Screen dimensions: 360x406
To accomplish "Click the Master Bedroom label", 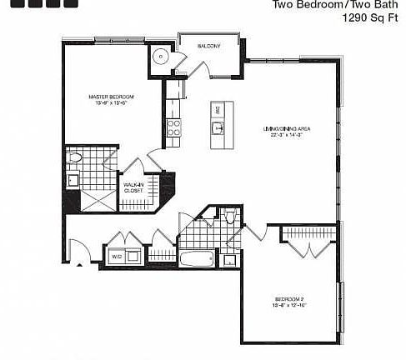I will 111,97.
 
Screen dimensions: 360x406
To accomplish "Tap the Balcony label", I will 208,46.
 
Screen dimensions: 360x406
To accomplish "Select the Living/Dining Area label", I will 288,128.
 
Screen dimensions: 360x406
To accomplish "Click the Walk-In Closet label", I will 133,187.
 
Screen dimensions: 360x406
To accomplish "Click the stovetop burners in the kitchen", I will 174,127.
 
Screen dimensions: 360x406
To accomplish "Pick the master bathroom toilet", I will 75,157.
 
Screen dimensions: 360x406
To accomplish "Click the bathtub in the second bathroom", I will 198,258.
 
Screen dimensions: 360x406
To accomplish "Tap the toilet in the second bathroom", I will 230,218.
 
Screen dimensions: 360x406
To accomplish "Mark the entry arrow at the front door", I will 79,265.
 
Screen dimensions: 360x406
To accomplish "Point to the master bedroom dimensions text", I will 111,104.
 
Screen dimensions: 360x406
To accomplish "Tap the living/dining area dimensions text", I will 288,136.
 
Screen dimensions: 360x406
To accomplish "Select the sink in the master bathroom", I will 73,178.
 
